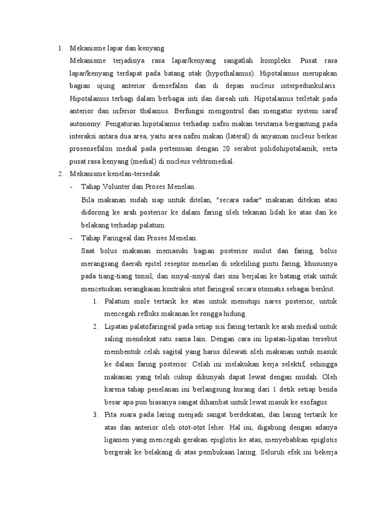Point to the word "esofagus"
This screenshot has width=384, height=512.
click(x=315, y=402)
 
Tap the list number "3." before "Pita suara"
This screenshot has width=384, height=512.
click(x=96, y=415)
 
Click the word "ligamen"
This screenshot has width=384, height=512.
click(x=119, y=440)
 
